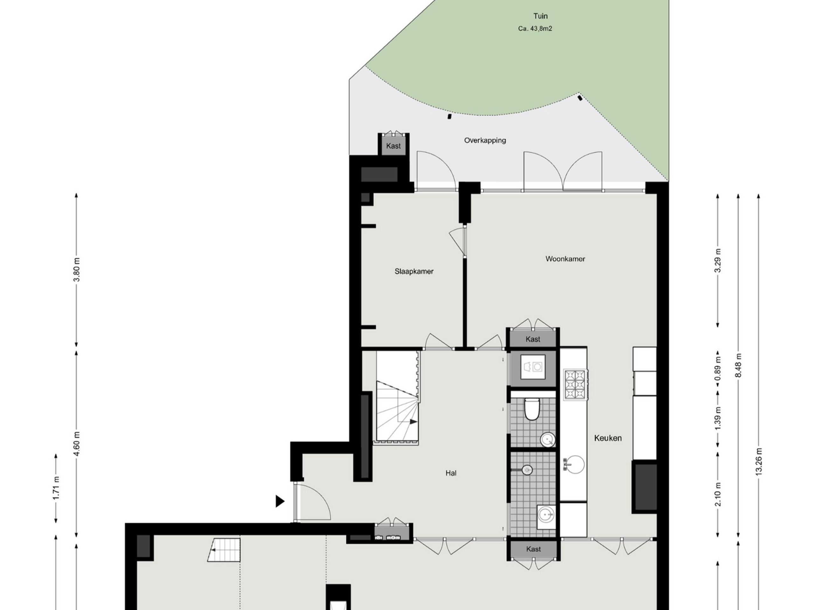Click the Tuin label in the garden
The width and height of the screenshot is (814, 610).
(540, 16)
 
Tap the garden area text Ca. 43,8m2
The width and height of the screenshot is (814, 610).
(535, 29)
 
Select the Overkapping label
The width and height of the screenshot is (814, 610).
(485, 140)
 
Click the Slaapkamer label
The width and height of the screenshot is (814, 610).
(414, 271)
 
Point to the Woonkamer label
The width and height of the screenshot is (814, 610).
(565, 259)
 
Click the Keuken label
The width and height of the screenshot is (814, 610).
(608, 438)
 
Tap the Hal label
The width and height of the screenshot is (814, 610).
(451, 473)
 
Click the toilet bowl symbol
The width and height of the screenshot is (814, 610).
(531, 409)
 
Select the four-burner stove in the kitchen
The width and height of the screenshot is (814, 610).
(575, 385)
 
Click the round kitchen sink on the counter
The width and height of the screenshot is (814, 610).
(575, 465)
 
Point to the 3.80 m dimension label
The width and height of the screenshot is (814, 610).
(77, 269)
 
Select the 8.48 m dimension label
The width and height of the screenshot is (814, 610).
(738, 365)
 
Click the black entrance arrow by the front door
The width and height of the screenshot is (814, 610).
(280, 501)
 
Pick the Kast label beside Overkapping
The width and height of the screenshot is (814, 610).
(393, 146)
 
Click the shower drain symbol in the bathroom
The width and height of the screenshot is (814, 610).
(527, 470)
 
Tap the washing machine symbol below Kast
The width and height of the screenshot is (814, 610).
(533, 367)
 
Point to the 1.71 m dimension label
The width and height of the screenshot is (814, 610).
(56, 488)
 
